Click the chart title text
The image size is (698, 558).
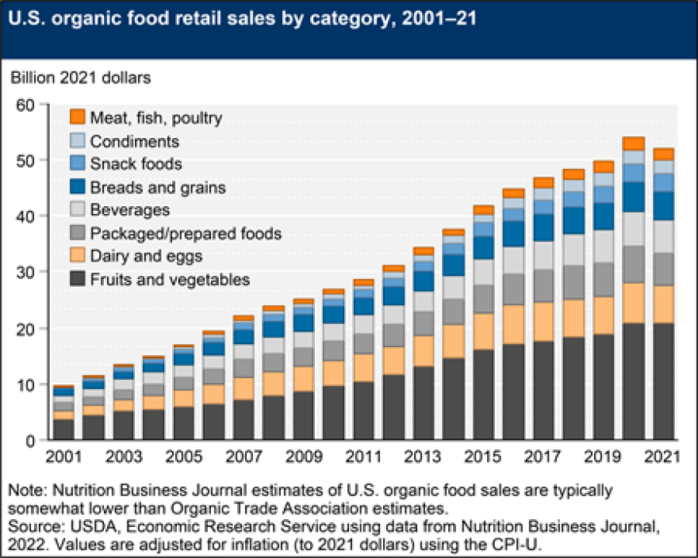(243, 19)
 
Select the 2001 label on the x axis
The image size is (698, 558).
(64, 459)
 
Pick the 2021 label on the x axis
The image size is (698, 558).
(663, 459)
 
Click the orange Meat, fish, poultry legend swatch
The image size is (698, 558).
(78, 118)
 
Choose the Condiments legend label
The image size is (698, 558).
(135, 142)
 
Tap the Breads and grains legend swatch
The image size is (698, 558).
(78, 188)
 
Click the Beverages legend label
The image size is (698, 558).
(130, 210)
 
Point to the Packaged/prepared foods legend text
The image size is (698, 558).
(186, 233)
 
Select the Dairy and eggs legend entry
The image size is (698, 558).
(146, 256)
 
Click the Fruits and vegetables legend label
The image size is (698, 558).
(170, 279)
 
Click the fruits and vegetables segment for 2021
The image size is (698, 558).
(663, 381)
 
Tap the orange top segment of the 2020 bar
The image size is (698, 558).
(633, 143)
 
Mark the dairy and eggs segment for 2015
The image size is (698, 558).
(484, 331)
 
